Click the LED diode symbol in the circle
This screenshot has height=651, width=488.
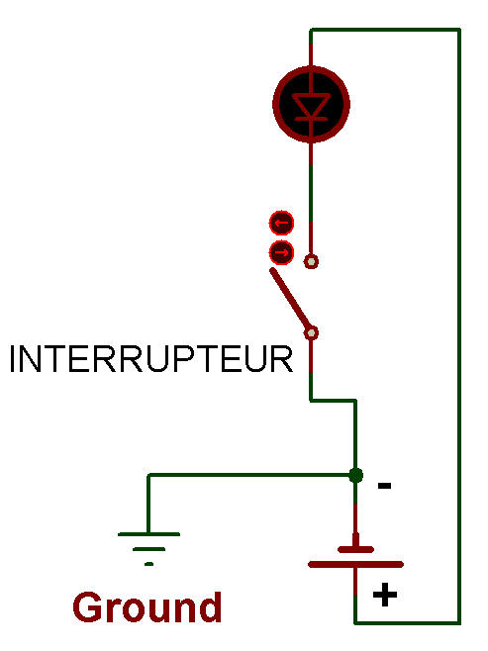tap(311, 104)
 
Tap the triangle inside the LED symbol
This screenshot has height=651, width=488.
tap(311, 105)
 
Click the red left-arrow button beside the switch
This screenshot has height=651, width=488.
tap(281, 223)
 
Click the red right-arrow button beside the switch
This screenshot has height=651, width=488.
tap(281, 252)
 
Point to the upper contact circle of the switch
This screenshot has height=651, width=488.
tap(311, 261)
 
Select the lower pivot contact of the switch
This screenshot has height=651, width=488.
tap(311, 333)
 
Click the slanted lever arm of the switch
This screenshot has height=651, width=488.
tap(290, 299)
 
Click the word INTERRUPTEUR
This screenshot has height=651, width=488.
tap(151, 359)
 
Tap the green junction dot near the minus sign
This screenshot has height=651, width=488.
tap(355, 475)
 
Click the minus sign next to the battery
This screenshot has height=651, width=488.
tap(384, 486)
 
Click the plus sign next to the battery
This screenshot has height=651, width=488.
tap(385, 595)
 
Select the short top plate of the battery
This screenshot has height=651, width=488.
tap(356, 550)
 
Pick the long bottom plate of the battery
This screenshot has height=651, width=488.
tap(356, 564)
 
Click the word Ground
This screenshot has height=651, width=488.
tap(147, 607)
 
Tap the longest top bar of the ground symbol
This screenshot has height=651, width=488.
tap(149, 534)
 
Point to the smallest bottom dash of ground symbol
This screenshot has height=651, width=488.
tap(149, 564)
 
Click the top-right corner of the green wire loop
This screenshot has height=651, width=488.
tap(459, 30)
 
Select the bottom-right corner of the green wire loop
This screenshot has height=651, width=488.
tap(459, 622)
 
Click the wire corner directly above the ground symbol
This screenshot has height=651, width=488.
tap(148, 475)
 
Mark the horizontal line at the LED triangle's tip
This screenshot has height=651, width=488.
tap(311, 119)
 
